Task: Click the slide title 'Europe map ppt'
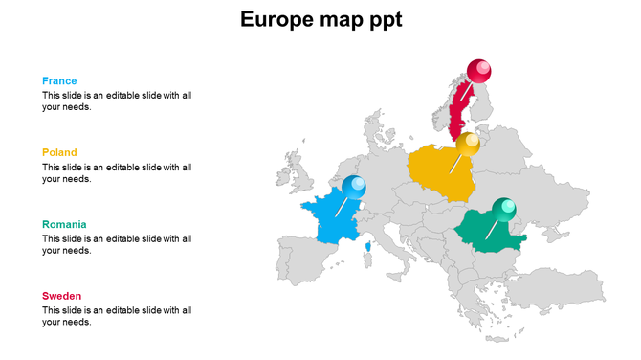click(x=320, y=19)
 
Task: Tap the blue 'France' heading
click(x=59, y=81)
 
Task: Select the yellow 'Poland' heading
click(x=59, y=152)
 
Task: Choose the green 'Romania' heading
click(x=64, y=224)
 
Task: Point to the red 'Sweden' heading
click(x=62, y=296)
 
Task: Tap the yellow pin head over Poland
click(x=468, y=145)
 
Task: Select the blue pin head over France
click(x=354, y=186)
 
